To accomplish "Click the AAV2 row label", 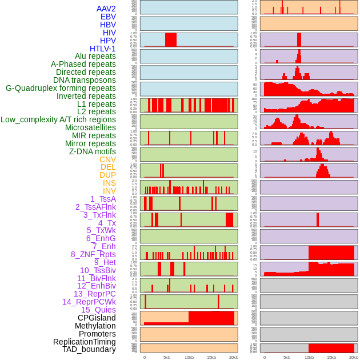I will pyautogui.click(x=106, y=9).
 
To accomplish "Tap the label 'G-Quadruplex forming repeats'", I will pyautogui.click(x=61, y=88).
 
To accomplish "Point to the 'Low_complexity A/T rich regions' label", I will pyautogui.click(x=58, y=119).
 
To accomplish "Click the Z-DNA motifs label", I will pyautogui.click(x=93, y=151).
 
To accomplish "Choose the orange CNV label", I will pyautogui.click(x=107, y=159).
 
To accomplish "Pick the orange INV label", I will pyautogui.click(x=109, y=191).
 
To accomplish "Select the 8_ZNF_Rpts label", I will pyautogui.click(x=93, y=254).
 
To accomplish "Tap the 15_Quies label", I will pyautogui.click(x=98, y=310).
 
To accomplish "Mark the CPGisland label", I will pyautogui.click(x=97, y=318).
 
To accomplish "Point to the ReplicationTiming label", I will pyautogui.click(x=85, y=342).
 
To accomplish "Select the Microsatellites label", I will pyautogui.click(x=90, y=127).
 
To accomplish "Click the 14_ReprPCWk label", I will pyautogui.click(x=89, y=302).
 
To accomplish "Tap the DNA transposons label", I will pyautogui.click(x=85, y=80).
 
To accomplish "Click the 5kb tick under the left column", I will pyautogui.click(x=167, y=357).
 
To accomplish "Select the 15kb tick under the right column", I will pyautogui.click(x=331, y=357).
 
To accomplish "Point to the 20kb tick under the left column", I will pyautogui.click(x=233, y=357).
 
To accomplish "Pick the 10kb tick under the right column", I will pyautogui.click(x=309, y=357).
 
